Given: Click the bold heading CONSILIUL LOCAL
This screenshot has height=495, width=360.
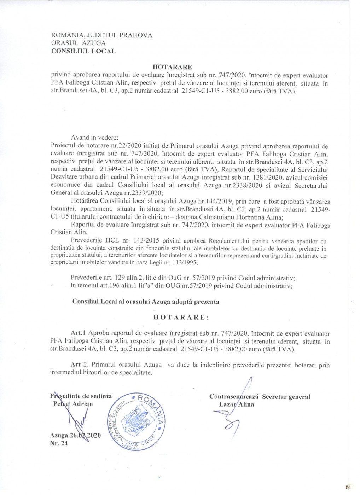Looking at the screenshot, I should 83,51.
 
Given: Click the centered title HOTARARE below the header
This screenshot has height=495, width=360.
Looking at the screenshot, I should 172,67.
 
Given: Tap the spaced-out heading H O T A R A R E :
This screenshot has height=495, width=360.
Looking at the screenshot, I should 181,317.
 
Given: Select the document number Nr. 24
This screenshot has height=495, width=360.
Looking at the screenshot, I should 59,444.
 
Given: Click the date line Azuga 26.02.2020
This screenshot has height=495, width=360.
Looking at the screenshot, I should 75,435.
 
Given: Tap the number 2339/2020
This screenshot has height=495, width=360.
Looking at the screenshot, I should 145,193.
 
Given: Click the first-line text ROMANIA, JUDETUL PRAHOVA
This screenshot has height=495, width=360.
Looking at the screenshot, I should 102,35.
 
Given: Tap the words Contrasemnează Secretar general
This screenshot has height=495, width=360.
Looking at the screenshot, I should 259,397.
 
